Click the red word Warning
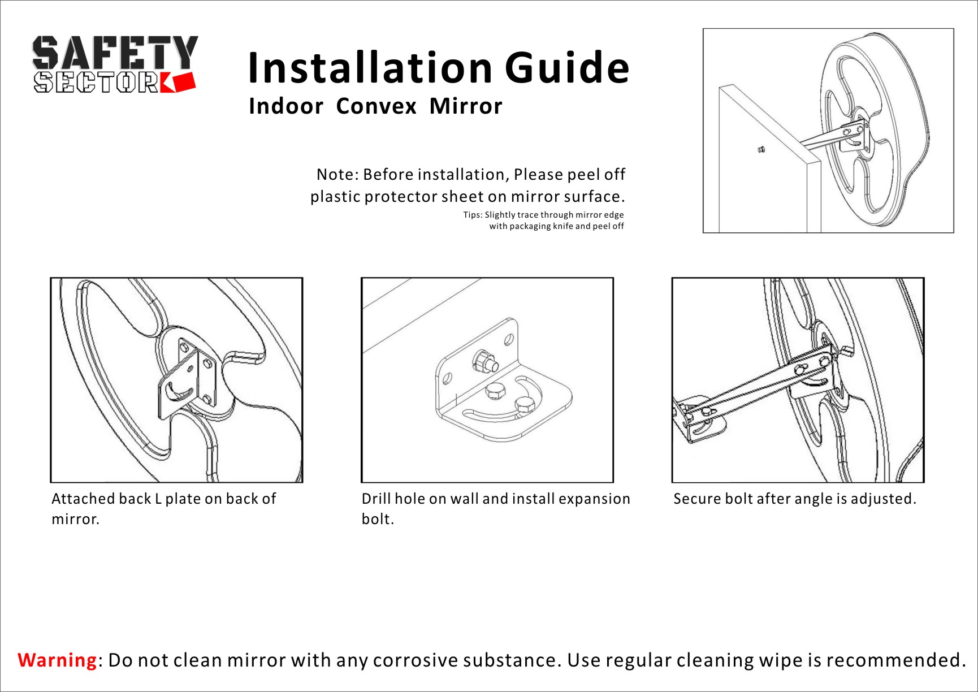pyautogui.click(x=57, y=660)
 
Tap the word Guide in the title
pyautogui.click(x=567, y=68)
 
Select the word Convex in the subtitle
pyautogui.click(x=376, y=106)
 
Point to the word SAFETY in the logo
pyautogui.click(x=115, y=53)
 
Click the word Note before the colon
pyautogui.click(x=336, y=174)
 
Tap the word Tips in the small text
pyautogui.click(x=473, y=215)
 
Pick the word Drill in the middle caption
pyautogui.click(x=376, y=499)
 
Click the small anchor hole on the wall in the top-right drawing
pyautogui.click(x=761, y=150)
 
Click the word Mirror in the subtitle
pyautogui.click(x=466, y=106)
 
